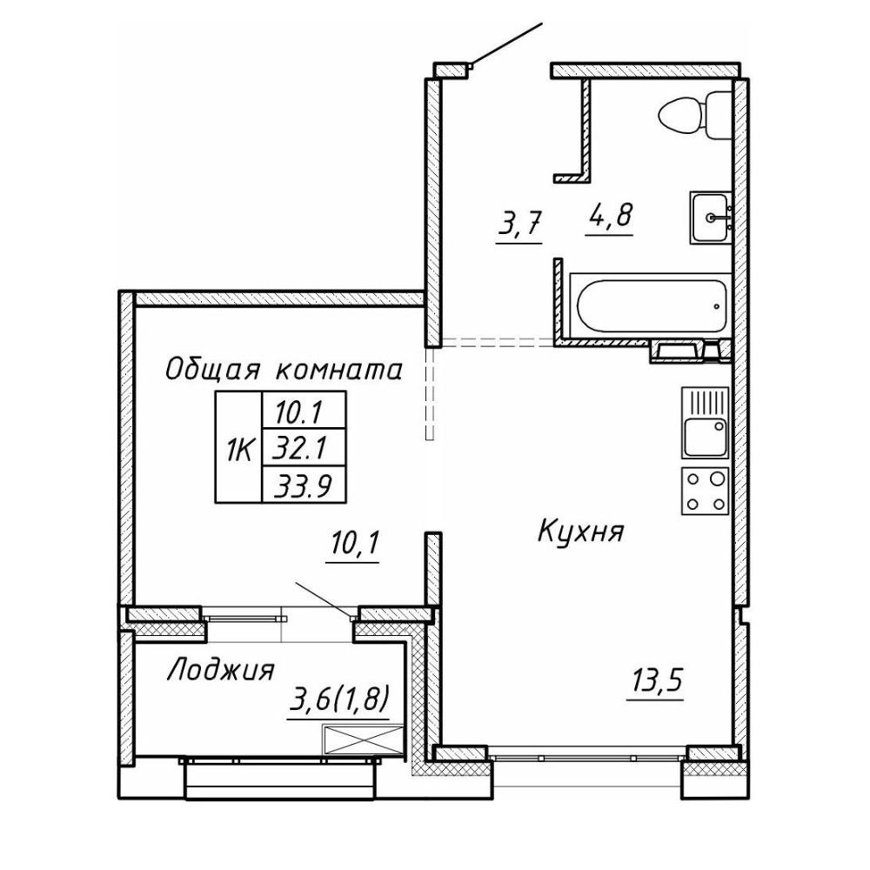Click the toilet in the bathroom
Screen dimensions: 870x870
694,116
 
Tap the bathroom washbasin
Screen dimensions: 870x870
711,217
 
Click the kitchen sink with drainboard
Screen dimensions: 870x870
705,423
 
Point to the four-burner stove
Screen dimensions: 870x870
705,491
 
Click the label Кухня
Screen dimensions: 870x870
581,532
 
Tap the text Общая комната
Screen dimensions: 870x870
284,369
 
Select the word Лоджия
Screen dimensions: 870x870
220,669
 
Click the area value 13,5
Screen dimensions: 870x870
655,681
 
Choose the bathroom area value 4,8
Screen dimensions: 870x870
609,215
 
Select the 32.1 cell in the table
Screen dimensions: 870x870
304,446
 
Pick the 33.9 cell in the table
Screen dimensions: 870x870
304,483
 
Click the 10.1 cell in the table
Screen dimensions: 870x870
304,411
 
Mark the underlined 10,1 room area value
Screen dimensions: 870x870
352,546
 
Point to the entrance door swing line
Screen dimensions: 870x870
505,43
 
